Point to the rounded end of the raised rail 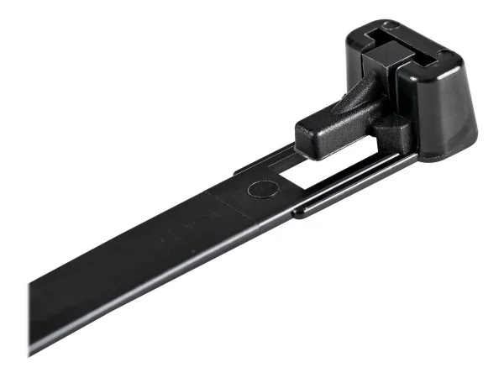pyautogui.click(x=297, y=213)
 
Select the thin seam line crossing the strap pyautogui.click(x=218, y=201)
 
